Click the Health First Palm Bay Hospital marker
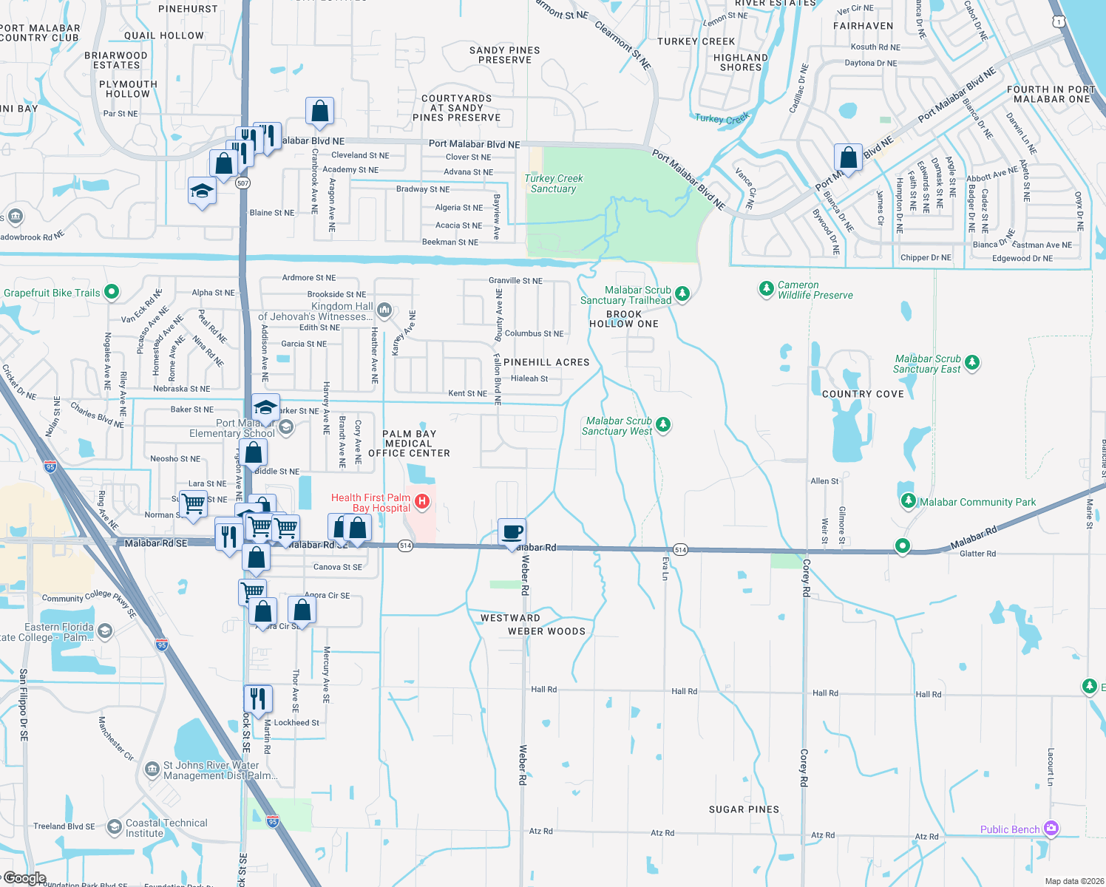point(422,503)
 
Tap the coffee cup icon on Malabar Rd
point(512,532)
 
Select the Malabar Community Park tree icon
point(909,501)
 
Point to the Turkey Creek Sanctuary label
point(554,183)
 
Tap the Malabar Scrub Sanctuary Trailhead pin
point(682,293)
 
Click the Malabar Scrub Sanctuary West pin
point(663,424)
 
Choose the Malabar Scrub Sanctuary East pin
point(972,362)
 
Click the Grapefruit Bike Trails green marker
point(112,292)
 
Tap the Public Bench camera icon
point(1051,829)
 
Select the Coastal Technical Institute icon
point(115,826)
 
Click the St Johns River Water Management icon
point(152,769)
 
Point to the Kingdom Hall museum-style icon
point(384,309)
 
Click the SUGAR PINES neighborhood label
point(744,809)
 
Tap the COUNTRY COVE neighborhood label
point(863,394)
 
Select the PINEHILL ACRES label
point(546,362)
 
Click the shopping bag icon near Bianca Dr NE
point(848,158)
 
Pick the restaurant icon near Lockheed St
point(258,699)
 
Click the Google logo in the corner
point(24,878)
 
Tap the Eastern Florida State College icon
point(105,631)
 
